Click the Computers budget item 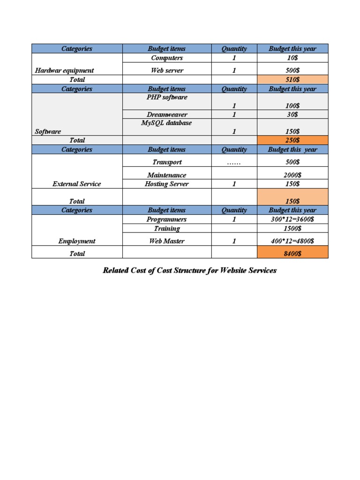coord(167,58)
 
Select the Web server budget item coord(167,70)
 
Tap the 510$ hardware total coord(292,80)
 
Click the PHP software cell coord(167,97)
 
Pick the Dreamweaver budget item coord(167,114)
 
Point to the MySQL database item coord(167,123)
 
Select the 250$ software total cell coord(292,140)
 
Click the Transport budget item coord(167,162)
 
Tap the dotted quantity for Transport coord(234,162)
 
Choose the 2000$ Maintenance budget coord(292,175)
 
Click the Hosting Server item coord(167,184)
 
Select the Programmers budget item coord(167,219)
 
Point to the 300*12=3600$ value coord(292,219)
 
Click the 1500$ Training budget coord(292,229)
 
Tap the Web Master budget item coord(167,241)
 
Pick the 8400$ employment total coord(292,254)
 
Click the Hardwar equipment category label coord(64,70)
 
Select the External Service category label coord(77,184)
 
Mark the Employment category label coord(77,241)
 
